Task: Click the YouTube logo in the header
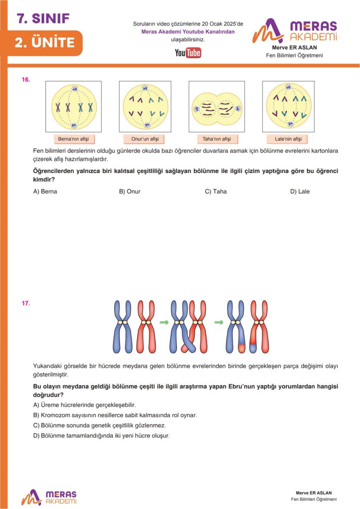coord(188,53)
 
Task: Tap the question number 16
coord(26,80)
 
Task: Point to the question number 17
coord(26,303)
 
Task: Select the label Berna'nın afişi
coord(73,139)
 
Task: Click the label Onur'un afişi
coord(145,139)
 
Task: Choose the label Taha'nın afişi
coord(217,139)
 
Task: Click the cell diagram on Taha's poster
coord(217,107)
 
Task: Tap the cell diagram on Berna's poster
coord(73,107)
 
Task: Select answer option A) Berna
coord(45,191)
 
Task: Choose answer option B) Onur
coord(130,191)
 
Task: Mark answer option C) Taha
coord(216,191)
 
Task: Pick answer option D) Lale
coord(300,191)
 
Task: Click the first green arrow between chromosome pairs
coord(164,323)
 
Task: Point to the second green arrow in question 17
coord(219,323)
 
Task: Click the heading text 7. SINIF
coord(43,18)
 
